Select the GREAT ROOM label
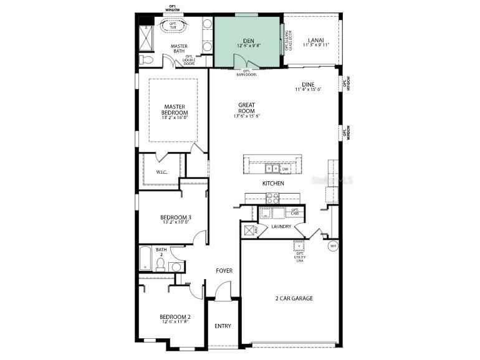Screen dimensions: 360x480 tap(247, 108)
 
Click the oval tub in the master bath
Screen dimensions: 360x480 tap(170, 27)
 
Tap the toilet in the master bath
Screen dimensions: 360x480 tap(147, 60)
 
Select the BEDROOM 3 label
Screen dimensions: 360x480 tap(176, 217)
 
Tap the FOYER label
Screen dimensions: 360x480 tap(224, 271)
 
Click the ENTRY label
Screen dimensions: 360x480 tap(223, 326)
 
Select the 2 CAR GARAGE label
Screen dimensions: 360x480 tap(294, 298)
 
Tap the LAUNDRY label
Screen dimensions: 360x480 tap(282, 227)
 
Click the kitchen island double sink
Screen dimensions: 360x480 tap(272, 168)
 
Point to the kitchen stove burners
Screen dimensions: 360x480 tap(273, 198)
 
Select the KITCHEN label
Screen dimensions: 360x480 tap(273, 184)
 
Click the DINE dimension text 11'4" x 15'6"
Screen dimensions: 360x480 tap(308, 90)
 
